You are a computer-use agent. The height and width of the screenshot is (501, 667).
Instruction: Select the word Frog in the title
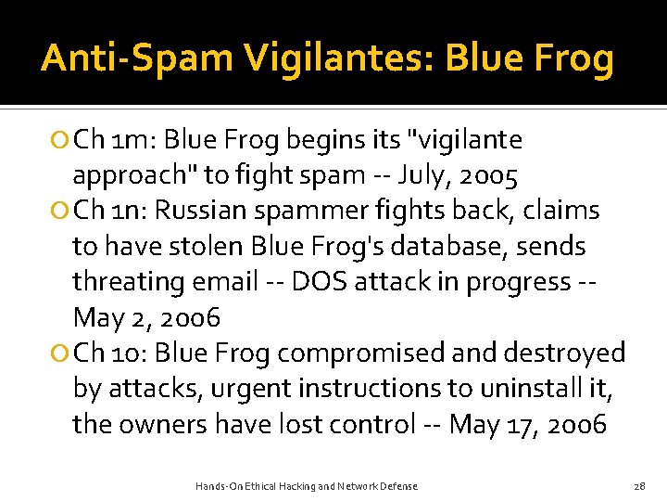(x=573, y=58)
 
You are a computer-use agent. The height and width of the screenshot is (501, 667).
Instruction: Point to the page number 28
(x=638, y=486)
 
